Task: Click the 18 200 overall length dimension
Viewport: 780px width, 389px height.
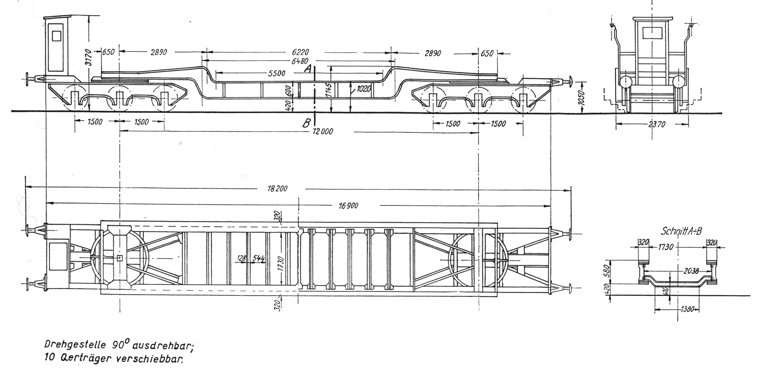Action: [277, 189]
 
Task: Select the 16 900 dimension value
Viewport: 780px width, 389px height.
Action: [348, 206]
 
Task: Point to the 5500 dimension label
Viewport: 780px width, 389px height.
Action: [277, 74]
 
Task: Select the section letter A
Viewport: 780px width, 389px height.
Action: [308, 69]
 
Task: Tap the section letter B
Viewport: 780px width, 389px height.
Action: [306, 123]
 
